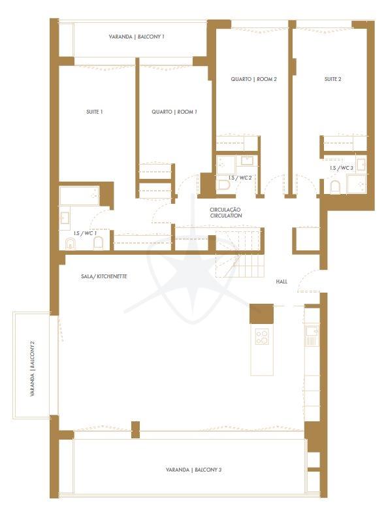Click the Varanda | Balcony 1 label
137,37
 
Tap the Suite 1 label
95,112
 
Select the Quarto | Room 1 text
174,112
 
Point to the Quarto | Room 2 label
253,79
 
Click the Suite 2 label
333,79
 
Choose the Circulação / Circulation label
226,212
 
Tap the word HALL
281,282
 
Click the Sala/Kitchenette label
104,276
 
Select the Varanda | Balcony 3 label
194,470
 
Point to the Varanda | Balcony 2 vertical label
33,368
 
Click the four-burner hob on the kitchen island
262,337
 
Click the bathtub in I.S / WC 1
79,196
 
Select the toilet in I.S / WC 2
224,186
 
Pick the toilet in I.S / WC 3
335,187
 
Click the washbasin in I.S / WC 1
65,218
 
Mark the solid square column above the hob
261,314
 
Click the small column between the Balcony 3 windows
135,430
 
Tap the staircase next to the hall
240,253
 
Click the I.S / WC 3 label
342,168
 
